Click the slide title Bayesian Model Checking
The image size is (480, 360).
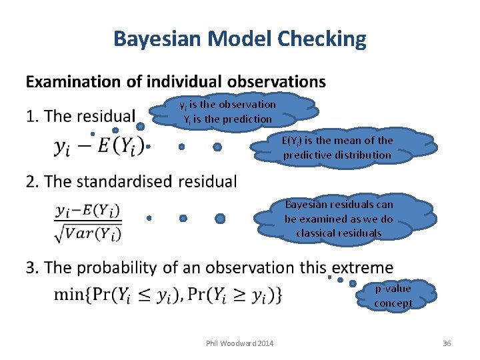click(x=240, y=39)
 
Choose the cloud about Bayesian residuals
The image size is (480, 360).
click(x=339, y=219)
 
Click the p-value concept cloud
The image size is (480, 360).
click(x=393, y=295)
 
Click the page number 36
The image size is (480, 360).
click(x=447, y=343)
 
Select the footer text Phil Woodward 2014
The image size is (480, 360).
click(x=239, y=343)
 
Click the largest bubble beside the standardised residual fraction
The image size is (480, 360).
click(x=220, y=218)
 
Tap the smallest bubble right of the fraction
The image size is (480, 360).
click(x=149, y=218)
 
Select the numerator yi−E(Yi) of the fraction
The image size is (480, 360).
click(x=88, y=211)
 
